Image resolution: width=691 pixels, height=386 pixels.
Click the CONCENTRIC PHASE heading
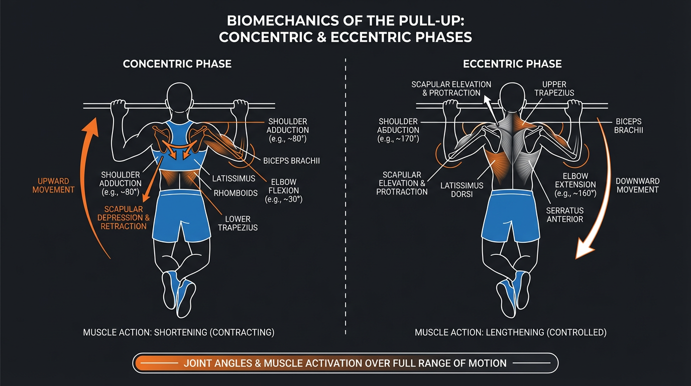point(177,64)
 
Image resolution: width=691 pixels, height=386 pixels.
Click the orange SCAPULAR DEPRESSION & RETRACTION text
point(125,217)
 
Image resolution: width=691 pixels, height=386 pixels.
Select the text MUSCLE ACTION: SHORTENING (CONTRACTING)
point(179,332)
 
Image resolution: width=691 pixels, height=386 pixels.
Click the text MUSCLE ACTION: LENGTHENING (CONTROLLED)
point(511,332)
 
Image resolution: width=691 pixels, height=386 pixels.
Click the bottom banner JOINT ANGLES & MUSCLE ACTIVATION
point(345,362)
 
